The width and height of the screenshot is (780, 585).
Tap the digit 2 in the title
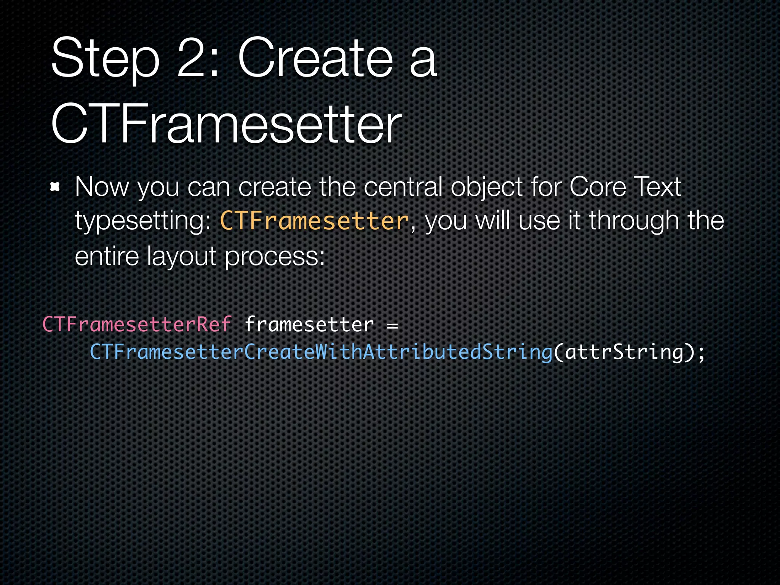pos(194,58)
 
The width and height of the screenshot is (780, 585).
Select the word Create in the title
pos(315,58)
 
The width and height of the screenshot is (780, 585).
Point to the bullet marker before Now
pos(56,187)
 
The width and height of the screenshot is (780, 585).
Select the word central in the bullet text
pos(403,187)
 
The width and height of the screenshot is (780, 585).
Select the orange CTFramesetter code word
pos(315,221)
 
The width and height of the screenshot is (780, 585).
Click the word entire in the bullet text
pos(107,256)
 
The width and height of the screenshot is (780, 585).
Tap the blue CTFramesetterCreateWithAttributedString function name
pos(321,352)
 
